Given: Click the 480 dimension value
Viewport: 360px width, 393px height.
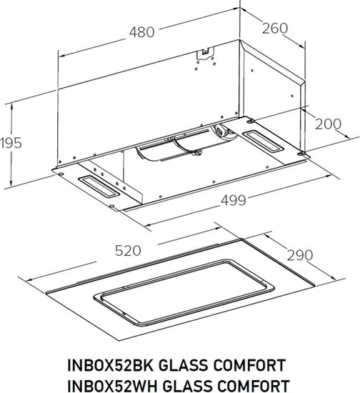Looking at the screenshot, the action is pos(142,32).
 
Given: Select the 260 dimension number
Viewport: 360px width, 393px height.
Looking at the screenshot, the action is pos(275,29).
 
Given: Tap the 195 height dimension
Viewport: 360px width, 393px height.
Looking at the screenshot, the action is pos(11,143).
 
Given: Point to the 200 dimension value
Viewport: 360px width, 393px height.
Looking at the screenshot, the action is pos(328,124).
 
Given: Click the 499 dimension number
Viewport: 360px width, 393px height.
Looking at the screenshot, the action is pos(234,200).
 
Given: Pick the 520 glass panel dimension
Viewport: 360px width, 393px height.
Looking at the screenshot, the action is pos(128,251).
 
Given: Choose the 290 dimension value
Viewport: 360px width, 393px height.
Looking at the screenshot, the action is pos(300,255).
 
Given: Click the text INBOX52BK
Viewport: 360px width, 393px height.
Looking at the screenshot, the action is pos(111,365).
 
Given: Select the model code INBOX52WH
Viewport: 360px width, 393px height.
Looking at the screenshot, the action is pos(112,386).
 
